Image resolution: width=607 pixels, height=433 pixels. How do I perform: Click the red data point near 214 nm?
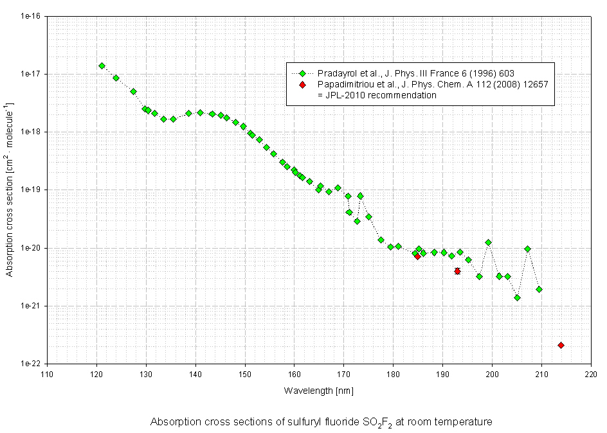(561, 346)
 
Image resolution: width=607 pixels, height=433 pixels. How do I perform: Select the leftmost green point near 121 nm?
(102, 66)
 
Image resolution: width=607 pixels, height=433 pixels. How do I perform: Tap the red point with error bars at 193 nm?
(457, 271)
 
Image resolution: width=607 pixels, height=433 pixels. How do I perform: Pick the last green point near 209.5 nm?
(539, 289)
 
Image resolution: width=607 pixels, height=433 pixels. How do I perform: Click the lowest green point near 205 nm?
(517, 297)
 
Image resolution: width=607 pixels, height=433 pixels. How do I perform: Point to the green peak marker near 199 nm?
(489, 242)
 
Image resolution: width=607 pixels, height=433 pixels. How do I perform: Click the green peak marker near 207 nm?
(528, 249)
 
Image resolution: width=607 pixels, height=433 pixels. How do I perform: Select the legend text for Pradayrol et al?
(415, 73)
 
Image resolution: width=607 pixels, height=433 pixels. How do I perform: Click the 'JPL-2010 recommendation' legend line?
(377, 95)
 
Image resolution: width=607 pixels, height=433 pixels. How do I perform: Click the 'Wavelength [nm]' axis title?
(318, 391)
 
